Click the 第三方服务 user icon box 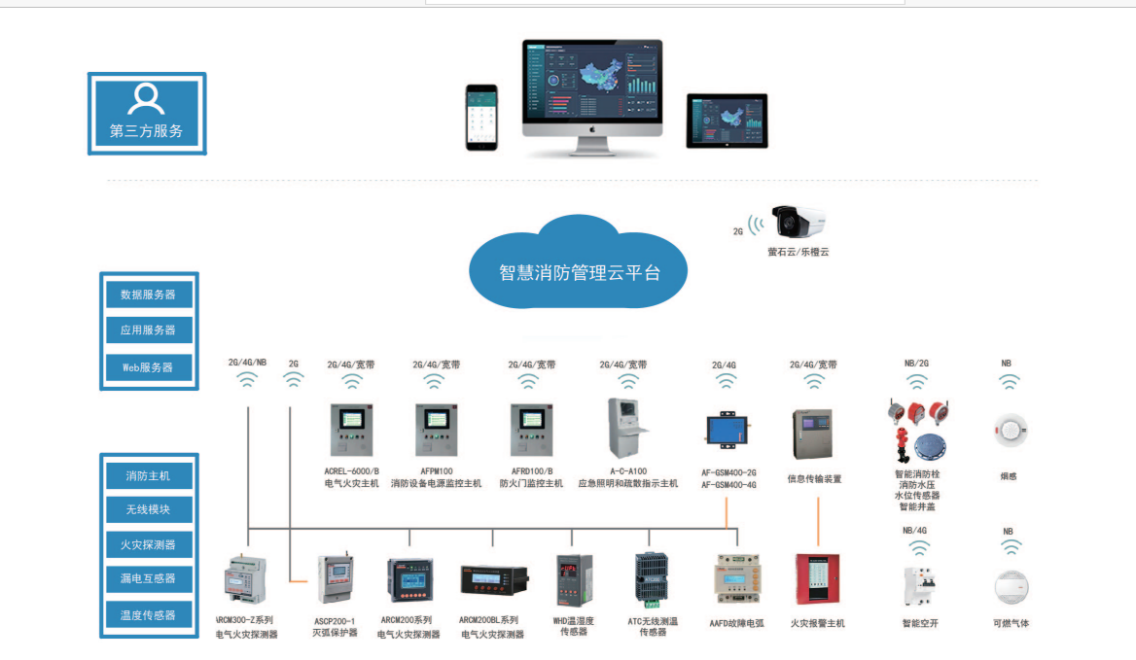[x=147, y=113]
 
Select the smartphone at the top [x=480, y=117]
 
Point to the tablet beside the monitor [x=727, y=121]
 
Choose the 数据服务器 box [x=149, y=294]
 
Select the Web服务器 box [x=149, y=367]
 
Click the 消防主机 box [x=149, y=476]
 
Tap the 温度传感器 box [x=149, y=614]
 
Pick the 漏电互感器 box [x=149, y=578]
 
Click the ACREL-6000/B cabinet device [x=351, y=431]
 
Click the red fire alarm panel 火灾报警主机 [x=817, y=580]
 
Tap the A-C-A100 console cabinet [x=627, y=428]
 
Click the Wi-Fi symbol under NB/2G [x=916, y=382]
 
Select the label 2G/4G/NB [x=247, y=363]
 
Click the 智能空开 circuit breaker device [x=917, y=585]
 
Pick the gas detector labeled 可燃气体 [x=1011, y=588]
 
